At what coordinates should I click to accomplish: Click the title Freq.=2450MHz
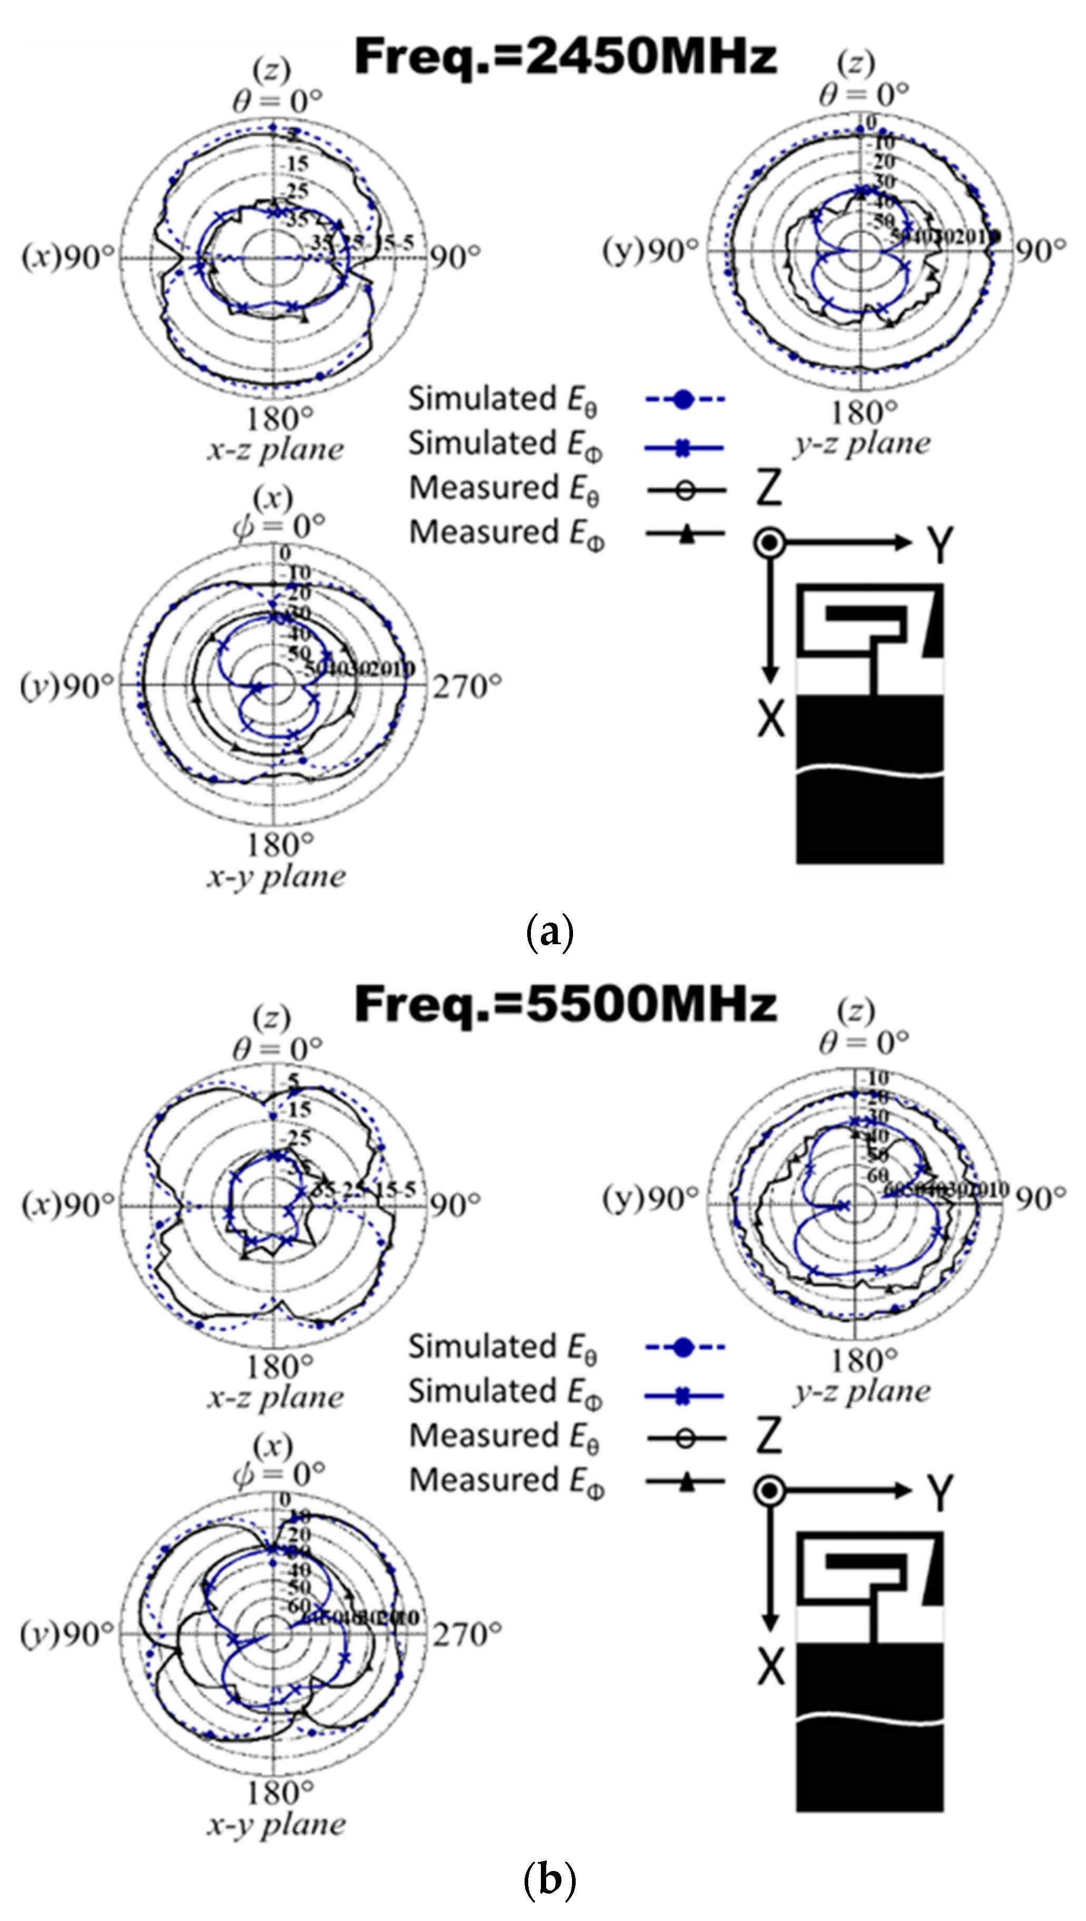[x=565, y=57]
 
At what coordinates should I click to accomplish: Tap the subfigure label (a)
[x=550, y=932]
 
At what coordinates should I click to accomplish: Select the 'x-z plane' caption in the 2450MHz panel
[x=275, y=449]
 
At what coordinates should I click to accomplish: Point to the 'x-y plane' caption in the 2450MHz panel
[x=276, y=876]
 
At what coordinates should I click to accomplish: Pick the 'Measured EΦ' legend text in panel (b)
[x=507, y=1481]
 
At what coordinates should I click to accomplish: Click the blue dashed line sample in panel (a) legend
[x=685, y=400]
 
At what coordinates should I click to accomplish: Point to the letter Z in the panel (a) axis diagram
[x=769, y=489]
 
